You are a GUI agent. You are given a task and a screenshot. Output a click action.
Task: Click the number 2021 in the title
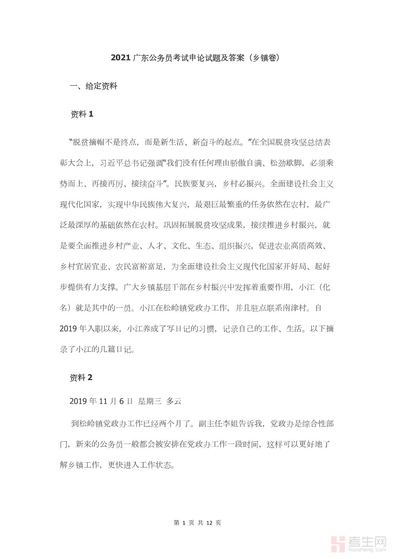[121, 58]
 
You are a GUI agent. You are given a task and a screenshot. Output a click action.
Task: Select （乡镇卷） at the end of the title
[264, 58]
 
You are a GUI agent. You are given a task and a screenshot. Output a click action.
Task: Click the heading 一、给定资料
[93, 86]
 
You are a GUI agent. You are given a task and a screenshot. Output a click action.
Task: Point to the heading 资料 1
[82, 114]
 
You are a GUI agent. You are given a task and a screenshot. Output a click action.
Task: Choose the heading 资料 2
[81, 378]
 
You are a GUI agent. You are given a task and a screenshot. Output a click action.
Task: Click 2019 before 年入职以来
[68, 329]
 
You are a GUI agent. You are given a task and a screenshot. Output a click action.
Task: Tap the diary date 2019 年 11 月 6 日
[101, 401]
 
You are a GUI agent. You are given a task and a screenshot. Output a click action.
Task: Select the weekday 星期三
[149, 401]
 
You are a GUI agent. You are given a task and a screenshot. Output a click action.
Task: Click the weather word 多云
[174, 401]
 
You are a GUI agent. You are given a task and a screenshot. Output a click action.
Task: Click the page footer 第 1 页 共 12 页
[197, 523]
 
